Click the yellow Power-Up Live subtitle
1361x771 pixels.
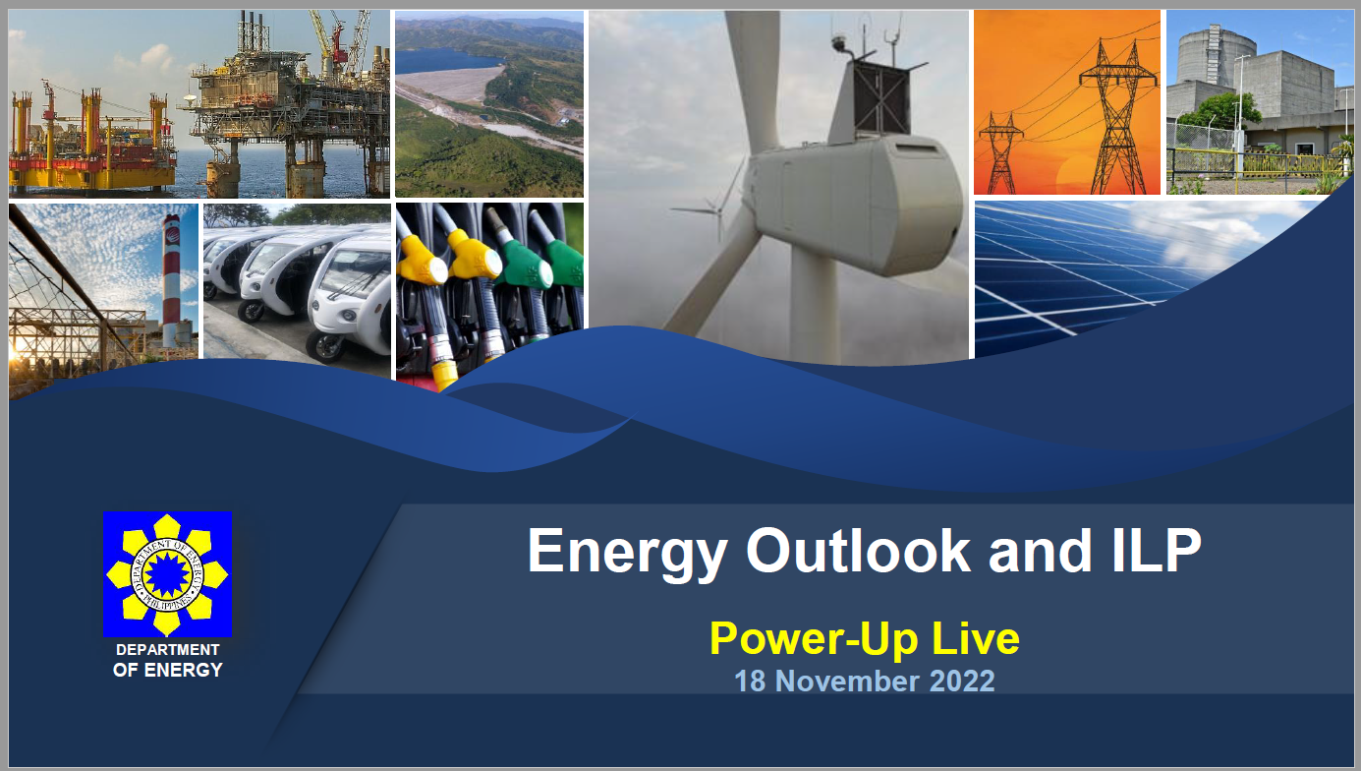coord(864,638)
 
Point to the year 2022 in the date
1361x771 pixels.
coord(960,681)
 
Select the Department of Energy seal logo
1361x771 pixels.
coord(167,573)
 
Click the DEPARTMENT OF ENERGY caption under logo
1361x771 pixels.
coord(167,660)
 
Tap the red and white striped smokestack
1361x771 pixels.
coord(172,280)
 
